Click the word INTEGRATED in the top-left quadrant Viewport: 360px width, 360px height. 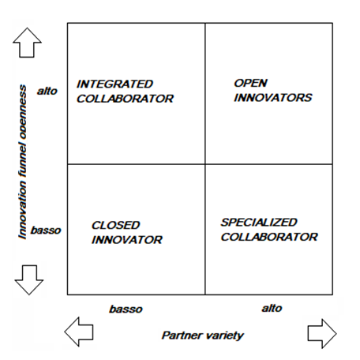[114, 84]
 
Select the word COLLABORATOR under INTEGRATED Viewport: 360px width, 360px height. [125, 99]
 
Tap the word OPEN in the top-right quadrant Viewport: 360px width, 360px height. [250, 83]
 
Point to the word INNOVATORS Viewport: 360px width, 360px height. [273, 98]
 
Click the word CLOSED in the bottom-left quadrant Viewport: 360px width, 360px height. [116, 225]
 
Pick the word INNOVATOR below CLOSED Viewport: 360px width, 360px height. [127, 240]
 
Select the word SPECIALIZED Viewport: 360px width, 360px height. [259, 223]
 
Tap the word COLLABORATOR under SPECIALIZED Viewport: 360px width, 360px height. [269, 237]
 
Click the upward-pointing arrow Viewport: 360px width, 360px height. [27, 43]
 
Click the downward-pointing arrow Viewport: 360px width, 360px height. [29, 280]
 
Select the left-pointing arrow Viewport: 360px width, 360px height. [79, 332]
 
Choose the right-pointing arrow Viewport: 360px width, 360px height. [322, 333]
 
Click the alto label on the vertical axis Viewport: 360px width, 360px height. [47, 91]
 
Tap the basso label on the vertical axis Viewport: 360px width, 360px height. [46, 231]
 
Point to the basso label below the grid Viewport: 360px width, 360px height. [126, 309]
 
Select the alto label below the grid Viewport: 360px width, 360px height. [272, 308]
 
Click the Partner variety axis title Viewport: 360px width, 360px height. [203, 336]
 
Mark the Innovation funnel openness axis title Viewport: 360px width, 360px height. [22, 162]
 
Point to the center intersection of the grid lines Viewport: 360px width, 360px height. [205, 164]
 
